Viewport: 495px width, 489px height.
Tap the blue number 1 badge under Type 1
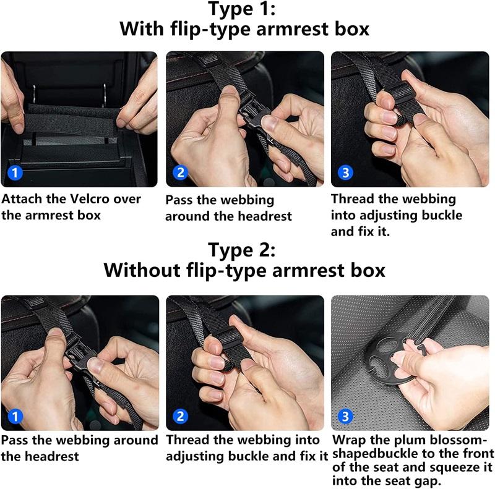pos(15,172)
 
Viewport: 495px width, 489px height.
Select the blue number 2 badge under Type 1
pos(180,172)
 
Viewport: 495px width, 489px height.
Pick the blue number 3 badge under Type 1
pos(345,172)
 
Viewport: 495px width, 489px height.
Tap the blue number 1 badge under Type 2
pos(15,416)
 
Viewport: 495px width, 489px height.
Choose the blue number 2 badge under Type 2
pos(180,416)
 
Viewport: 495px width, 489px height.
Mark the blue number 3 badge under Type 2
pos(345,416)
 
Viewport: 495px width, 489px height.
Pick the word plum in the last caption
pos(411,440)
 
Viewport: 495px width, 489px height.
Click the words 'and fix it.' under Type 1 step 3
pos(361,232)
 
